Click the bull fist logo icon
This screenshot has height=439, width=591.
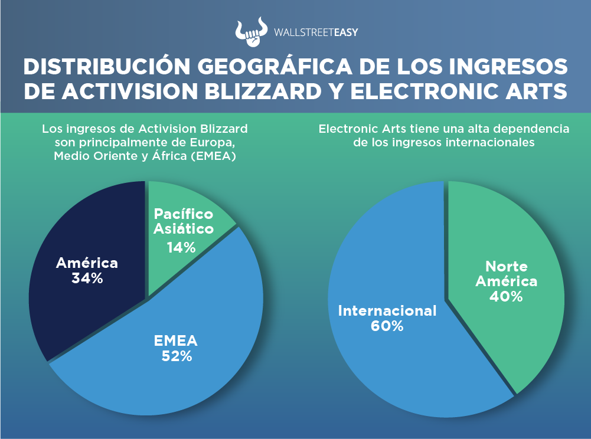pos(252,32)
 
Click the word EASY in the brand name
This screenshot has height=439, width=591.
pos(345,32)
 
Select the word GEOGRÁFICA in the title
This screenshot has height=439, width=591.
pos(275,66)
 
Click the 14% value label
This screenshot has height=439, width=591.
pos(181,248)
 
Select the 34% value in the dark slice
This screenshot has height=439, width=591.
pos(87,279)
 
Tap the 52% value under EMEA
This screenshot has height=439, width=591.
pos(177,356)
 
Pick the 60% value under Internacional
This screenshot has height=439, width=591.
pos(387,326)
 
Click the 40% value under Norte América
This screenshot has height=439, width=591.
pos(506,297)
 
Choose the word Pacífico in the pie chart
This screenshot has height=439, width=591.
pos(184,214)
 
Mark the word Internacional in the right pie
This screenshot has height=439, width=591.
pos(387,311)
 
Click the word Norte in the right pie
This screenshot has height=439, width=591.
pos(506,267)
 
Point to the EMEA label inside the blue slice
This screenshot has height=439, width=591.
pos(175,341)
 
